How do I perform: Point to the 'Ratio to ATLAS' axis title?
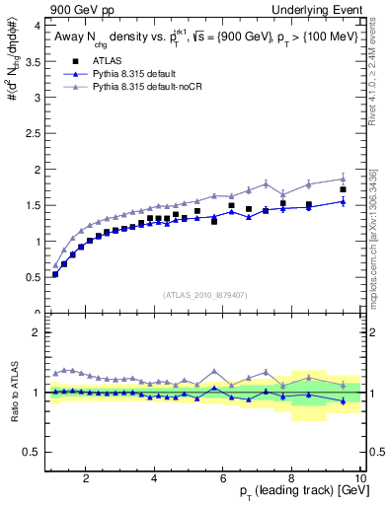pyautogui.click(x=13, y=393)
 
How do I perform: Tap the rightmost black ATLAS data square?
pyautogui.click(x=343, y=189)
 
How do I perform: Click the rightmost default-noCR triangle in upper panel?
pyautogui.click(x=343, y=179)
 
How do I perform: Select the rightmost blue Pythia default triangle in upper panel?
pyautogui.click(x=343, y=201)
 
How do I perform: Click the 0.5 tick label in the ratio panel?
pyautogui.click(x=32, y=453)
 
